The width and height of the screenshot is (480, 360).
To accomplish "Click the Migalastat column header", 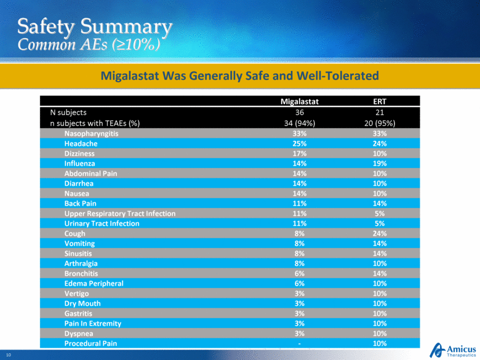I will tap(299, 102).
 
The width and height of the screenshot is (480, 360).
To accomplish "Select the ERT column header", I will tap(380, 102).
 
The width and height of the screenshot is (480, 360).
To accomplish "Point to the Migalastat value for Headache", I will tap(299, 143).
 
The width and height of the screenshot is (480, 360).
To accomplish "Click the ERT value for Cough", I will tap(380, 233).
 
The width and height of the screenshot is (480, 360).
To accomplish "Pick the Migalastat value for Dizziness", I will tap(299, 153).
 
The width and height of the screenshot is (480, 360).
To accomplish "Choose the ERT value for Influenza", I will tap(380, 163).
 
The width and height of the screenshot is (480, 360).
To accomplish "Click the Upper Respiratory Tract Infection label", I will tap(119, 213).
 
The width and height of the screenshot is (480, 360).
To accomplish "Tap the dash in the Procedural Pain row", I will tap(299, 343).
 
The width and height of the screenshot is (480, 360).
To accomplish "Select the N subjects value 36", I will tap(299, 113).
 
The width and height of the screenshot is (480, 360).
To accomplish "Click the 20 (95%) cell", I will tap(380, 122).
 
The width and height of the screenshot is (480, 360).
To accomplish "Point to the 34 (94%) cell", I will tap(299, 122).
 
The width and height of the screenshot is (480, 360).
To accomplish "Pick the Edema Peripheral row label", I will tap(94, 283).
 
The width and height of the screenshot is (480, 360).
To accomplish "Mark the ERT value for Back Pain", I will tap(380, 203).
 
